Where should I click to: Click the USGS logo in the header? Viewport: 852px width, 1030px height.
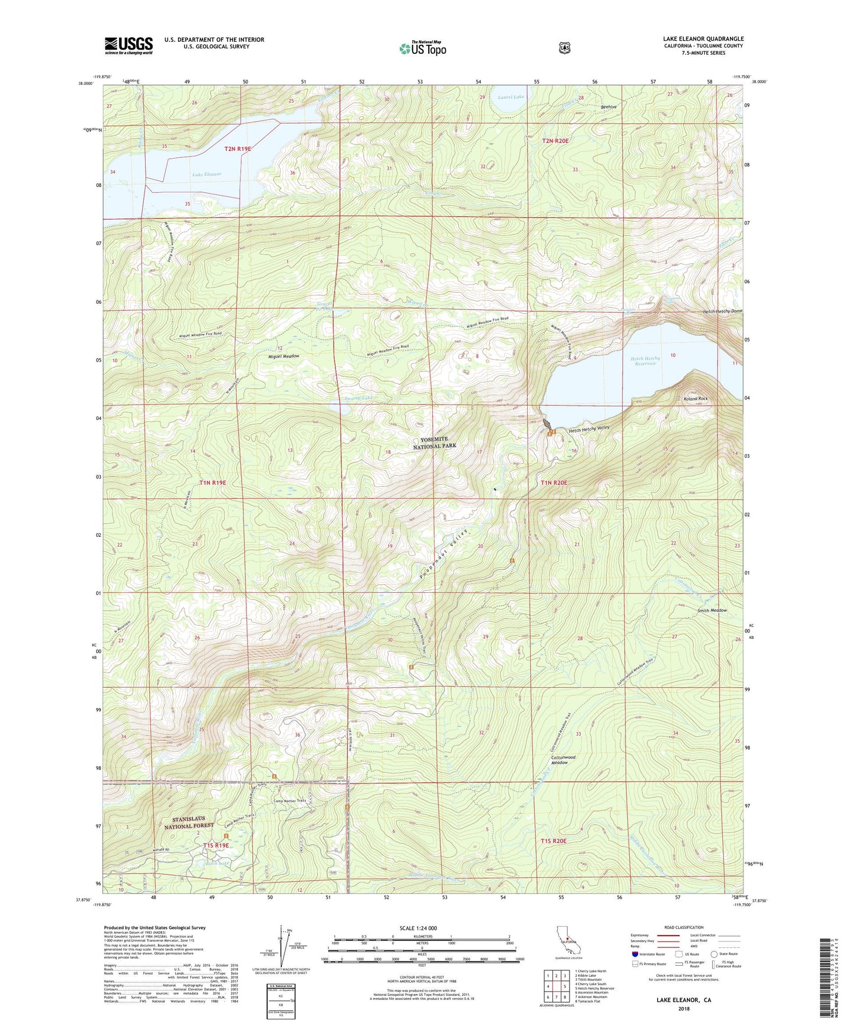coord(129,45)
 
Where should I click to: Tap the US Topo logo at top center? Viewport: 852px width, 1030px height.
coord(421,48)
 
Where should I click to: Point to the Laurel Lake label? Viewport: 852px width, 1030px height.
coord(510,97)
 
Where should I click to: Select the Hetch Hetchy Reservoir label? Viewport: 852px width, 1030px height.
coord(646,361)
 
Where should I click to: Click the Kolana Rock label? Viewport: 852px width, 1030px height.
coord(695,399)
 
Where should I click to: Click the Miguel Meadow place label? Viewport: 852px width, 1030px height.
coord(284,356)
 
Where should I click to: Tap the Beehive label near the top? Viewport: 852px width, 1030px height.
coord(608,107)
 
